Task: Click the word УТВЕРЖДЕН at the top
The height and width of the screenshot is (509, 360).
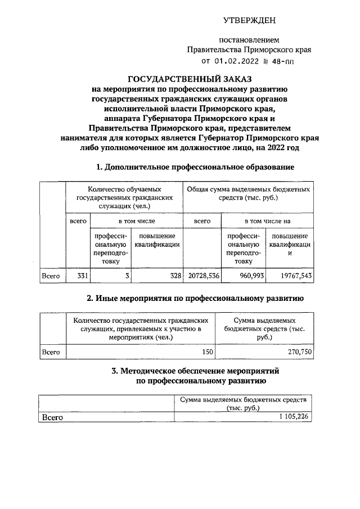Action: tap(249, 21)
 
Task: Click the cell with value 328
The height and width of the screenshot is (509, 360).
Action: tap(175, 276)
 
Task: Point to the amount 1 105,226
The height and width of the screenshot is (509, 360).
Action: tap(294, 417)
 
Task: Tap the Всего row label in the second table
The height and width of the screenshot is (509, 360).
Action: tap(51, 352)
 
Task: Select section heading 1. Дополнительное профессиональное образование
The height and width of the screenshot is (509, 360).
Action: tap(195, 166)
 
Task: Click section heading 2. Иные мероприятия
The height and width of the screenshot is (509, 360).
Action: tap(195, 298)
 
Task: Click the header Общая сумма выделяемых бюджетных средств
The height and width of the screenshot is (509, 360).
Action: tap(248, 194)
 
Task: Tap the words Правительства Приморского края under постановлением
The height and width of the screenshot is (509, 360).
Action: tap(249, 49)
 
